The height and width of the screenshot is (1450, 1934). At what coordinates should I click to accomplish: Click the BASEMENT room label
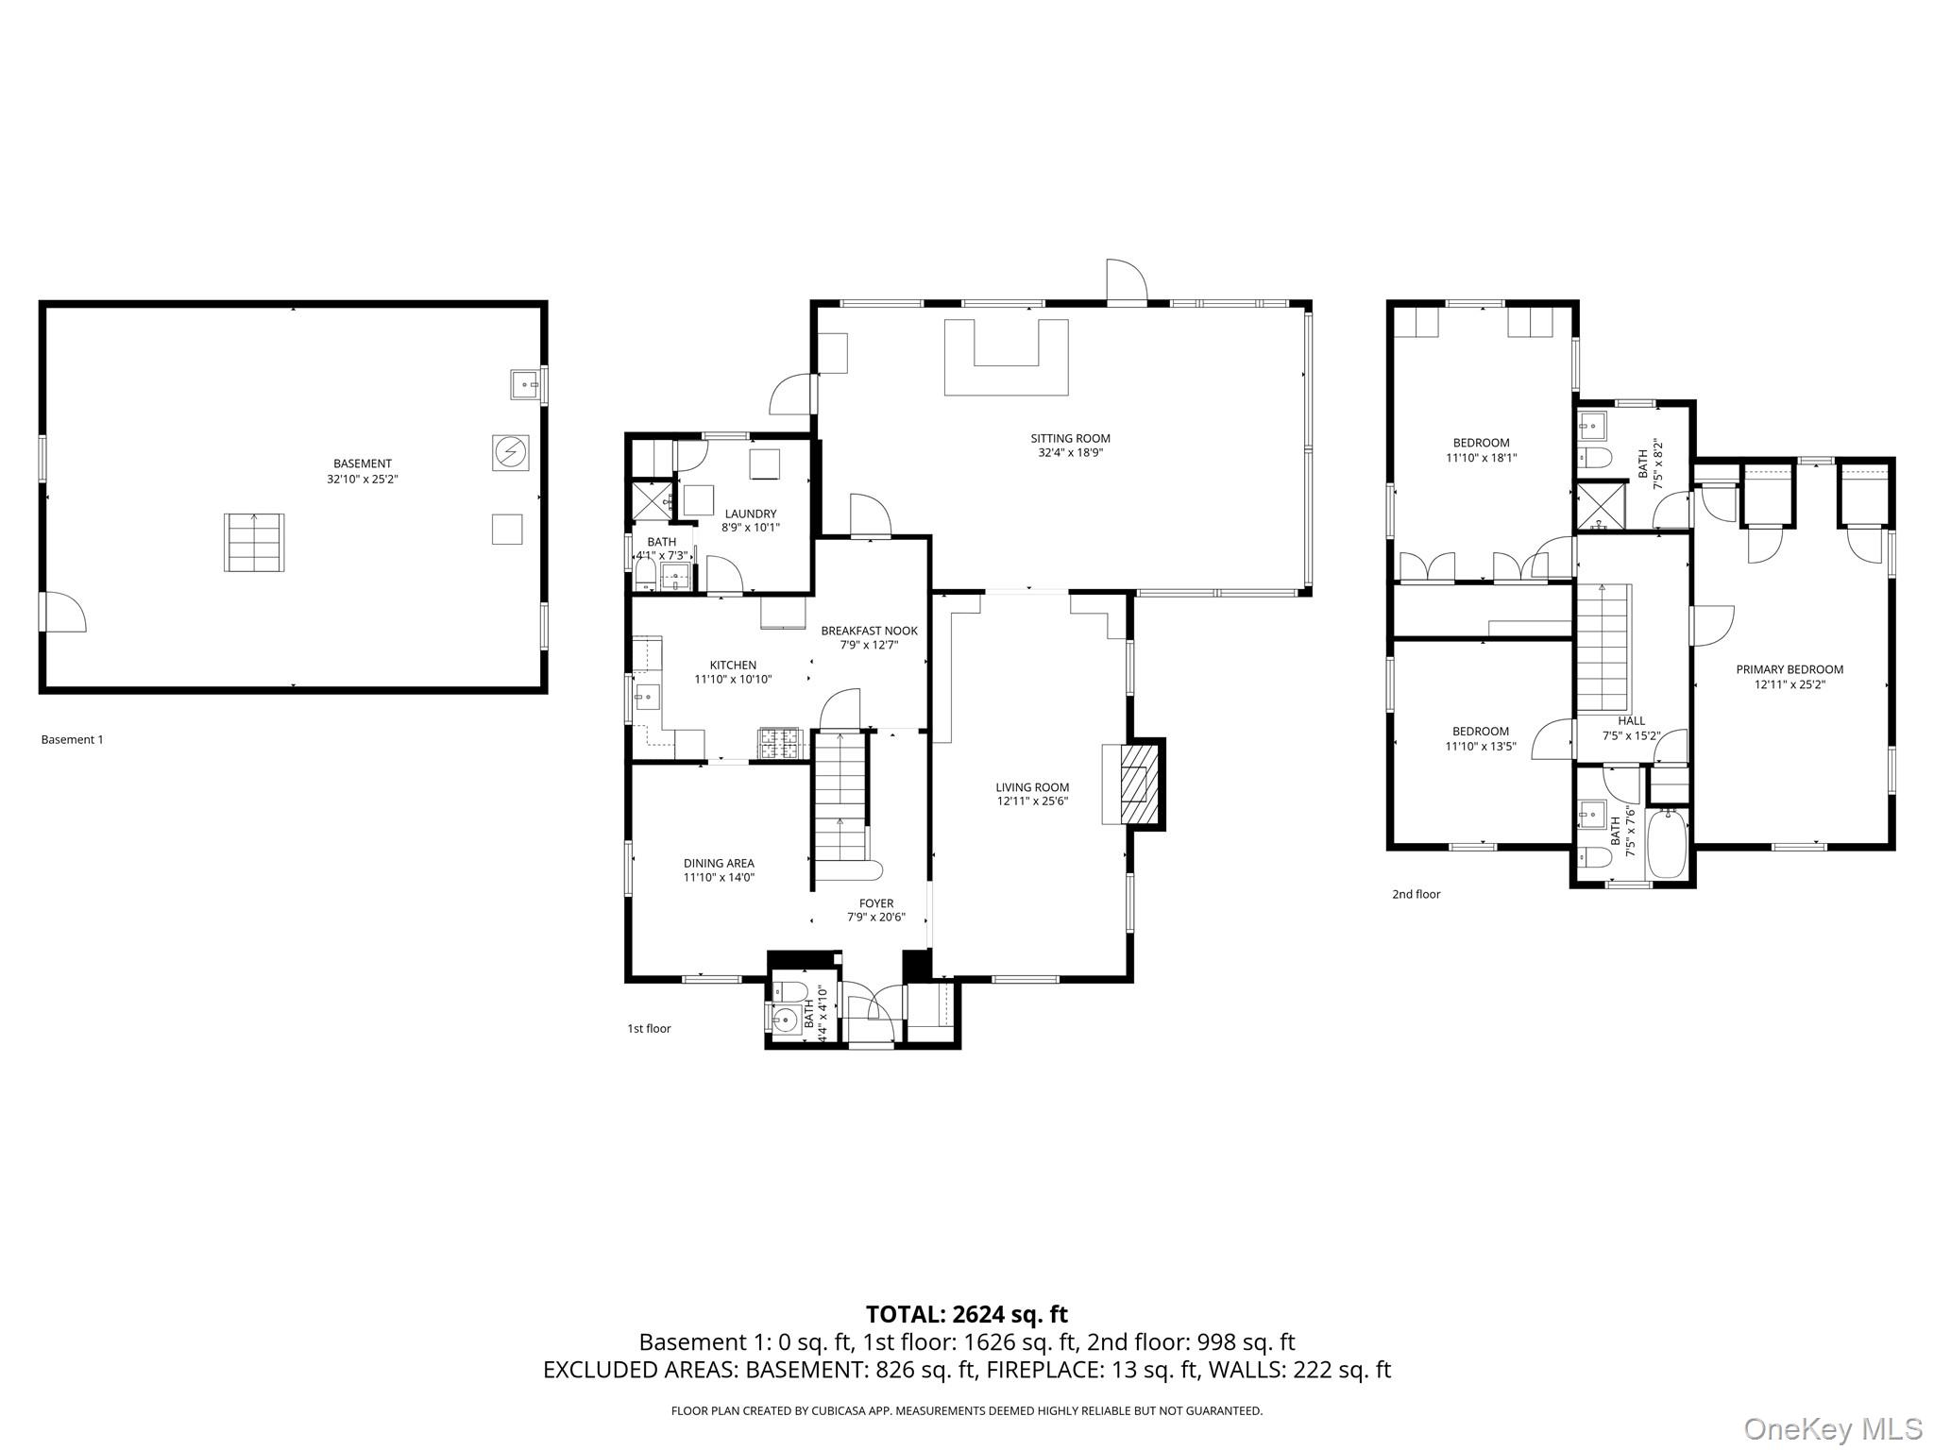pos(362,464)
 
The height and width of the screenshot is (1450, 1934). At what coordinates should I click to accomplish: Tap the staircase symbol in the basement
pos(254,542)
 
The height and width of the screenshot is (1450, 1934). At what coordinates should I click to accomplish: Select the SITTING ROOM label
pos(1070,438)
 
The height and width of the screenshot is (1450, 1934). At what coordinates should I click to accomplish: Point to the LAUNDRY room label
pos(751,514)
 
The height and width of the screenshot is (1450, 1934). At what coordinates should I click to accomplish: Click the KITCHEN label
pos(733,666)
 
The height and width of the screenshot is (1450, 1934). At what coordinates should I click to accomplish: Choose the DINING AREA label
pos(719,863)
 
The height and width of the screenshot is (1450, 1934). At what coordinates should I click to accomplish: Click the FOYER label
pos(876,903)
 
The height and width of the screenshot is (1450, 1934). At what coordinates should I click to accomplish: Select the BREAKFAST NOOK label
pos(869,631)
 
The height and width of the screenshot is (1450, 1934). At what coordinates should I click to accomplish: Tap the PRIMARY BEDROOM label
pos(1790,669)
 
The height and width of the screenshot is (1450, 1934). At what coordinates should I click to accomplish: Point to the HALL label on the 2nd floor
pos(1631,720)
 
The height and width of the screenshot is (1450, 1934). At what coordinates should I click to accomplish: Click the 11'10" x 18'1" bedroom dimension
pos(1481,458)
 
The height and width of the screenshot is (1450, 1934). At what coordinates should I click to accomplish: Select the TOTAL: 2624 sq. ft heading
pos(967,1314)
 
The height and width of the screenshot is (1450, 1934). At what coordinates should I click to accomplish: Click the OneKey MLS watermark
pos(1832,1429)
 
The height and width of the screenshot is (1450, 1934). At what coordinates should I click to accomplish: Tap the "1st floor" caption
pos(649,1028)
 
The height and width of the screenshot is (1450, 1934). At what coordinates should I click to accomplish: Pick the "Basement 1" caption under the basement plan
pos(72,739)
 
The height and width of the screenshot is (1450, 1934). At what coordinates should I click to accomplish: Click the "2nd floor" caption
pos(1416,894)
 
